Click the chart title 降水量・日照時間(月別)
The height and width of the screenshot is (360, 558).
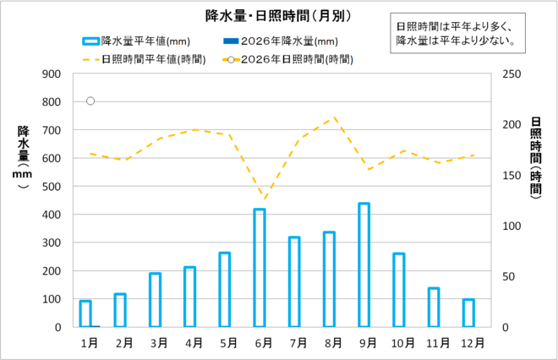278,15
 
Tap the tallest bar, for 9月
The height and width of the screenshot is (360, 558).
364,265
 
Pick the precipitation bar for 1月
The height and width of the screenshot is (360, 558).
85,313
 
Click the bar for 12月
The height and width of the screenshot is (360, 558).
468,313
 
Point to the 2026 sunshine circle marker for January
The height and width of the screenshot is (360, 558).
90,101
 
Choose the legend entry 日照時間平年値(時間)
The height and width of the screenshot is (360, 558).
145,59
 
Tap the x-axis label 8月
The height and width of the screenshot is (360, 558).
332,343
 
